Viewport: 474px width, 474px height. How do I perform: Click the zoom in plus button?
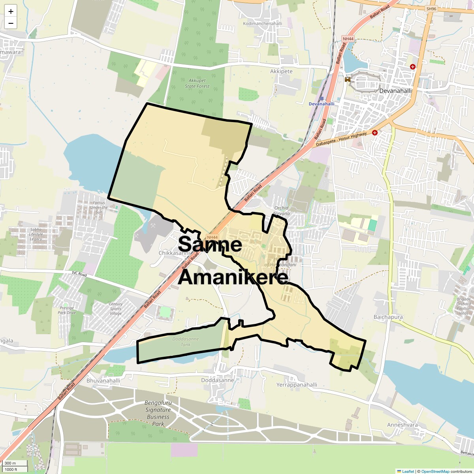point(11,11)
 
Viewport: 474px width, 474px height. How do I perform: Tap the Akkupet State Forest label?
point(197,83)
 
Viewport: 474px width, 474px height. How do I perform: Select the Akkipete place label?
point(281,71)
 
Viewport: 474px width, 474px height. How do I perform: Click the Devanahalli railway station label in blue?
point(321,104)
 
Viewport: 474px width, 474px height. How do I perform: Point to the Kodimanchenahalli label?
point(262,24)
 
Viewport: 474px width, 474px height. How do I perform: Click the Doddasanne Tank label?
point(185,342)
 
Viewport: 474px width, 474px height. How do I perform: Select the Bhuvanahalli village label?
point(103,381)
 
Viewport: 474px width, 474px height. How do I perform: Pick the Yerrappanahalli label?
point(297,385)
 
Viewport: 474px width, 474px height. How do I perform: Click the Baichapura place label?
point(388,317)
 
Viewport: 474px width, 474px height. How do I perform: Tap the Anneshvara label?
point(403,425)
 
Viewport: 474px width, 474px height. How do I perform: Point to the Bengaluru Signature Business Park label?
point(158,413)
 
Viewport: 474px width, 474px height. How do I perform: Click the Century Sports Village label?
point(116,308)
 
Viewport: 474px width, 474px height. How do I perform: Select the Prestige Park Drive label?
point(67,310)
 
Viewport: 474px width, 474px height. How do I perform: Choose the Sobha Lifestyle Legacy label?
point(36,234)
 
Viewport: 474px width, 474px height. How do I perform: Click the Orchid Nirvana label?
point(282,211)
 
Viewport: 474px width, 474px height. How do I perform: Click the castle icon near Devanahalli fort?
point(348,79)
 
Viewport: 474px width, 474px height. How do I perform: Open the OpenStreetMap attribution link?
point(435,471)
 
